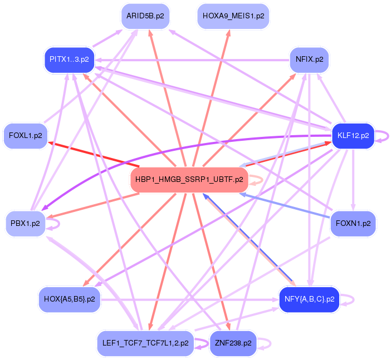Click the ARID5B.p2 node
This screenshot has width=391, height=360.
pos(145,16)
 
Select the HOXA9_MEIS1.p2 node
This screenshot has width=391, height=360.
pos(233,16)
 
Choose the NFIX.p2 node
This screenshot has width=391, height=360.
pos(310,60)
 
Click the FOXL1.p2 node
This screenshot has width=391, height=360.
pos(26,135)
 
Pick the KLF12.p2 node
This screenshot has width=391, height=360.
pos(353,135)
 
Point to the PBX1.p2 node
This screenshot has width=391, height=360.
pos(26,224)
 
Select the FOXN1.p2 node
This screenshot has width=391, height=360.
pos(353,224)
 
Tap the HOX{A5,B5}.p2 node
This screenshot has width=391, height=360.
pos(69,299)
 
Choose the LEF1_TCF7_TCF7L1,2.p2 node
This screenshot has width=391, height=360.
pos(145,343)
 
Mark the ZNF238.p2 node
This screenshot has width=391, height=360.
pos(233,343)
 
